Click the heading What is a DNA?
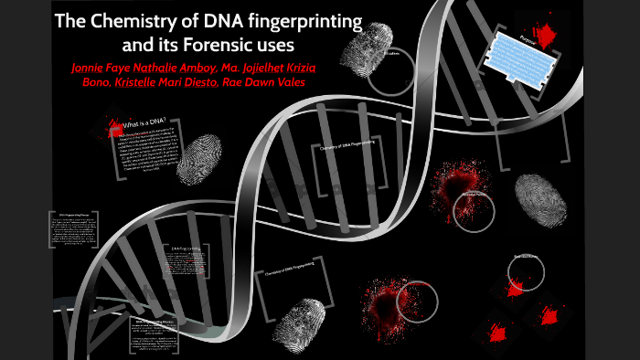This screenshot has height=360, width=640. (153, 121)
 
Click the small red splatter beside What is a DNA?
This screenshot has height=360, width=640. (114, 126)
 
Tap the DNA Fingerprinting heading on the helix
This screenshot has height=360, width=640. (188, 248)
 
